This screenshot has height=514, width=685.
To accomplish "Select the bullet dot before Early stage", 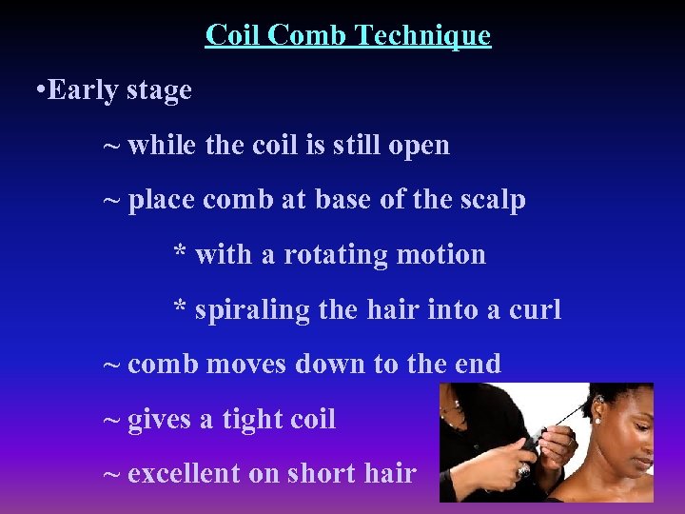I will pyautogui.click(x=37, y=91).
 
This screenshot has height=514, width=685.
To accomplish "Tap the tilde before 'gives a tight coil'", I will pyautogui.click(x=111, y=419).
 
